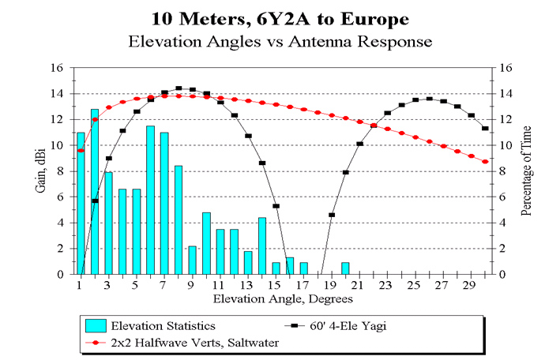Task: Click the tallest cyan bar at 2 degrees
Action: point(95,192)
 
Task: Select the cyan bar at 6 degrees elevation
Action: point(150,200)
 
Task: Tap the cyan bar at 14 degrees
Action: point(262,246)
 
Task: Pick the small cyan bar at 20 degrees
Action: point(345,268)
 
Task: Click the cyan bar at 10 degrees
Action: point(206,244)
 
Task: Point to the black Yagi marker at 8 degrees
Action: point(179,88)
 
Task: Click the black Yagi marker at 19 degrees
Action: point(332,215)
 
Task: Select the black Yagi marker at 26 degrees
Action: point(430,99)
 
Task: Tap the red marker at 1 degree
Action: point(81,150)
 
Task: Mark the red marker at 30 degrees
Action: point(485,162)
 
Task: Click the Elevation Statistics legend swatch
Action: point(96,326)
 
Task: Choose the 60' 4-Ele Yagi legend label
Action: point(348,326)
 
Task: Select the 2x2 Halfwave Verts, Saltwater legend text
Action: point(195,343)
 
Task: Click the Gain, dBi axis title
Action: point(41,171)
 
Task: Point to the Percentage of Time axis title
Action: point(526,171)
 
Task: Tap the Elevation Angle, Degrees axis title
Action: point(283,298)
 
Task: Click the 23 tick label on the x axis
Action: point(385,285)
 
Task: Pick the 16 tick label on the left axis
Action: point(57,68)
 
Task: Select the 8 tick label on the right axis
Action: point(502,171)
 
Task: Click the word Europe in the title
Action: point(374,19)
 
